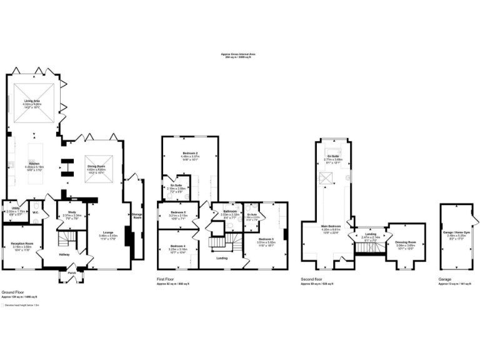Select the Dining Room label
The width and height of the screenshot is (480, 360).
click(x=96, y=166)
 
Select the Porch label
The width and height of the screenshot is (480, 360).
click(x=72, y=272)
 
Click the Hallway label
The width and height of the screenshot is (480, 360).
click(x=65, y=254)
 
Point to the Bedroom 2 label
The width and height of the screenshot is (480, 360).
click(x=190, y=153)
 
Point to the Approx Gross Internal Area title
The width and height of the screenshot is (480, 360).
click(x=238, y=54)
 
